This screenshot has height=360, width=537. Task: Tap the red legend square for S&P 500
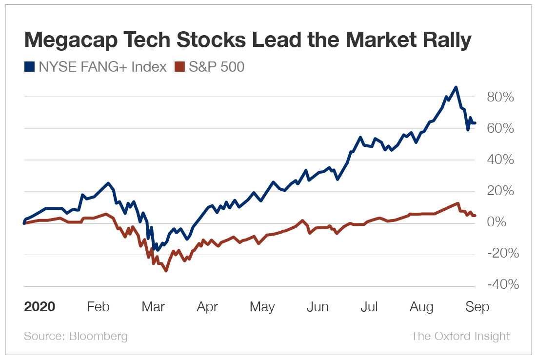pos(180,67)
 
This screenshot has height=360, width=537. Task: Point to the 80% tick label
pos(500,97)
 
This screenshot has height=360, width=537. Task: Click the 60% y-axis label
pos(500,129)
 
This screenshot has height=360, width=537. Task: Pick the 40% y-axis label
pos(500,160)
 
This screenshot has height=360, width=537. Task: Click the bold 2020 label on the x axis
pos(40,307)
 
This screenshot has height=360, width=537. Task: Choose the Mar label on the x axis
pos(153,307)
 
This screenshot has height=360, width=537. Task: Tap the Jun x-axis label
pos(317,307)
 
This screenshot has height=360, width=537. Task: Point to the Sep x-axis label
pos(477,307)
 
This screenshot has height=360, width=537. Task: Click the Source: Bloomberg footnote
pos(76,336)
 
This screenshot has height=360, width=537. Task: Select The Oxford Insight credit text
pos(460,336)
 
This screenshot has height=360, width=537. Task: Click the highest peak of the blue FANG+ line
pos(456,87)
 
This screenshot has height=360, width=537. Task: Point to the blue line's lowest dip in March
pos(157,250)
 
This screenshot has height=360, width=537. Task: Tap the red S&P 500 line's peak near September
pos(457,203)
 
